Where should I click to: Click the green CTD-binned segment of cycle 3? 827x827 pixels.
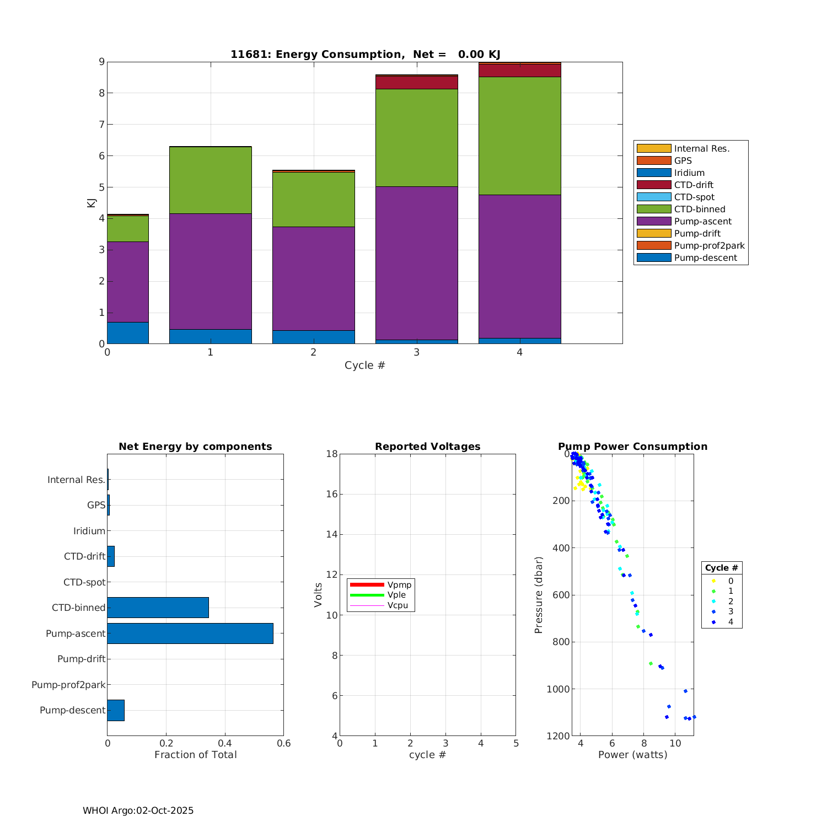click(416, 138)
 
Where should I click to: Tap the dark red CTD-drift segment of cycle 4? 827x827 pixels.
click(519, 71)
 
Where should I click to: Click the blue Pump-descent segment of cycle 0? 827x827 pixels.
click(128, 333)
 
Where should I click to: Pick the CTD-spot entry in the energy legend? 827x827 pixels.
click(694, 197)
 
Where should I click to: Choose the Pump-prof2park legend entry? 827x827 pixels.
click(708, 246)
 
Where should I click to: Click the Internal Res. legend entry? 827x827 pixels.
click(701, 149)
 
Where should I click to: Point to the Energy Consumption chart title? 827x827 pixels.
click(365, 54)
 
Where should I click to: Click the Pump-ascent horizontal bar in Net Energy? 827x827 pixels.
click(190, 633)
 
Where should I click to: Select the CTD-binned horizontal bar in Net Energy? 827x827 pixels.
click(158, 608)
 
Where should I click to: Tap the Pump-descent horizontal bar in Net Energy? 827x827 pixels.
click(116, 710)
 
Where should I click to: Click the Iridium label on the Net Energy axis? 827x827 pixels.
click(89, 531)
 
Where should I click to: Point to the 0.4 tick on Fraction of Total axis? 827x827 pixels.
click(225, 743)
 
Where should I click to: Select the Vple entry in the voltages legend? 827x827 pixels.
click(396, 595)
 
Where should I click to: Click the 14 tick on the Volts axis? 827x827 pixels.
click(331, 534)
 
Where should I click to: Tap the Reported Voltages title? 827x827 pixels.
click(427, 447)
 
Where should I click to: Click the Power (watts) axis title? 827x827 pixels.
click(632, 755)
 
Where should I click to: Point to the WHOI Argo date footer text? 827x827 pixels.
click(138, 810)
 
